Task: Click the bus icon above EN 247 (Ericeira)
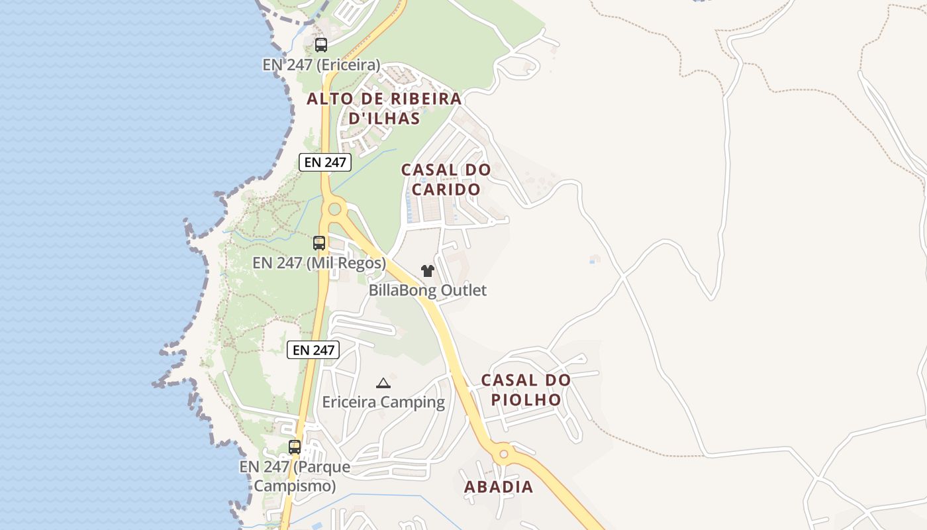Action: point(321,45)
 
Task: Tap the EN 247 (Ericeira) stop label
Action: point(321,65)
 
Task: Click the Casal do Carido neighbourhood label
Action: point(446,180)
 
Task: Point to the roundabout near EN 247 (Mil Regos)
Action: point(334,210)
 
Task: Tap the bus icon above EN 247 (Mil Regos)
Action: point(319,243)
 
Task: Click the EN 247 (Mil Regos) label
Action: point(319,263)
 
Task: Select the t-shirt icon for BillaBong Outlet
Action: point(427,271)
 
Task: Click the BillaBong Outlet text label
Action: point(427,290)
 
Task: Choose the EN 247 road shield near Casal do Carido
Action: point(324,162)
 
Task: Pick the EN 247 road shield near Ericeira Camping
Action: point(313,350)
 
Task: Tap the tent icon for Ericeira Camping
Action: point(383,383)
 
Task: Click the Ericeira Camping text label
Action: point(383,402)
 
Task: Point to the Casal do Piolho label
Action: point(526,390)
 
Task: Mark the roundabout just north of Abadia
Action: point(504,454)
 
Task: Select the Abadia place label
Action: point(499,487)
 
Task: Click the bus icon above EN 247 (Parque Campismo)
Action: point(295,447)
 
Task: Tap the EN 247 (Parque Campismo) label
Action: point(295,476)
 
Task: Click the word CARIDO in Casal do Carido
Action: point(446,189)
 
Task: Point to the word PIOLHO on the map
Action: point(526,399)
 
